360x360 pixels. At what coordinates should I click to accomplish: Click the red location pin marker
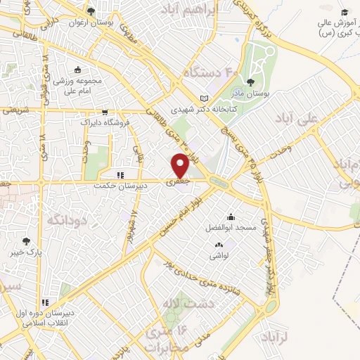[179, 165]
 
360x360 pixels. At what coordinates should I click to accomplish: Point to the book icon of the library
[204, 98]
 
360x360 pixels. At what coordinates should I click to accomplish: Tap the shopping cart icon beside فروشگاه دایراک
[104, 112]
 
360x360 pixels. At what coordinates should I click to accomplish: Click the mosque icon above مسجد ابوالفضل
[230, 217]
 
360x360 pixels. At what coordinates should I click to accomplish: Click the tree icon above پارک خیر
[27, 241]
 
